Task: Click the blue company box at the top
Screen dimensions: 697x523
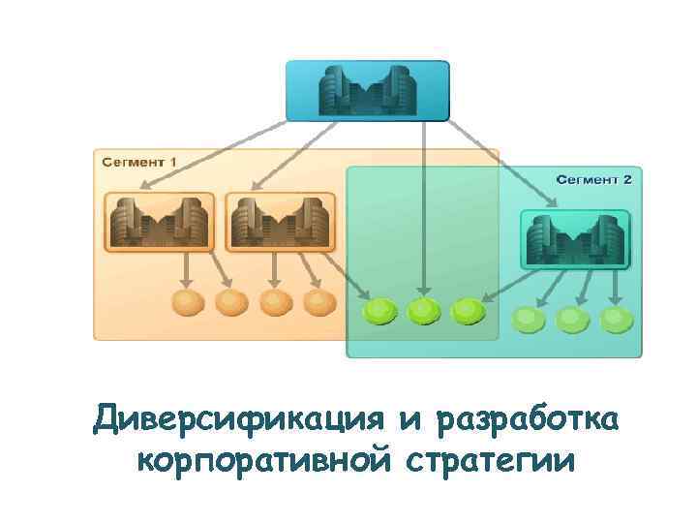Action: (x=367, y=90)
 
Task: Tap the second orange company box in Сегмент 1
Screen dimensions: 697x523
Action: (x=280, y=222)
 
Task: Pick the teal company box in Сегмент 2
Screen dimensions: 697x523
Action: (x=576, y=238)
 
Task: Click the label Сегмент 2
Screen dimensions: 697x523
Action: (x=594, y=179)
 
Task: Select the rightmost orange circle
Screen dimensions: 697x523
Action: (x=318, y=304)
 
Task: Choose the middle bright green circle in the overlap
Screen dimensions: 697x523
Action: (x=424, y=311)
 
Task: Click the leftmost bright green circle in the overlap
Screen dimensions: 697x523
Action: (x=379, y=311)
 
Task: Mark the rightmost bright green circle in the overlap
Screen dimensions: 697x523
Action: (x=468, y=311)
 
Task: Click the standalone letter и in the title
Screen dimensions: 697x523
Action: (x=410, y=421)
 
